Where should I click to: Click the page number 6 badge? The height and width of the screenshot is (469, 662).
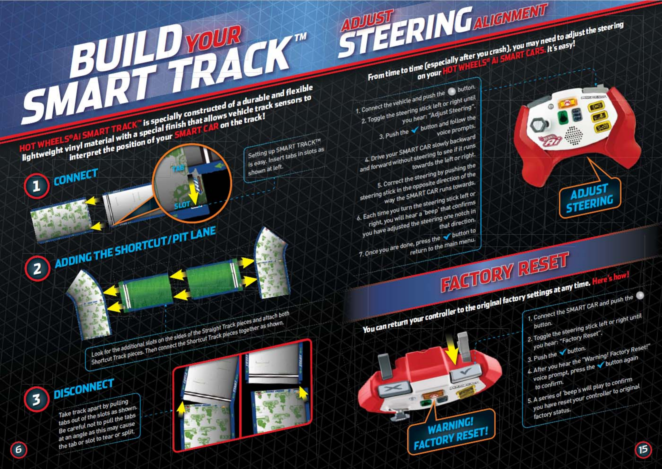pos(18,449)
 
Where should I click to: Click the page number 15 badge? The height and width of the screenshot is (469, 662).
pos(643,449)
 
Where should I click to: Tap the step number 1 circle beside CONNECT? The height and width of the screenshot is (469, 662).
pos(36,186)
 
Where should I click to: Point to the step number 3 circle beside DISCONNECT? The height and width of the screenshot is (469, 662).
pos(36,399)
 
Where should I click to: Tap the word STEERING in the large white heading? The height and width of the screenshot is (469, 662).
pos(405,33)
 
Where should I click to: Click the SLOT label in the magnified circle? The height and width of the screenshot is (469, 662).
pos(182,205)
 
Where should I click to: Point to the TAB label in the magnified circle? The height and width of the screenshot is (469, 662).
pos(178,168)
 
